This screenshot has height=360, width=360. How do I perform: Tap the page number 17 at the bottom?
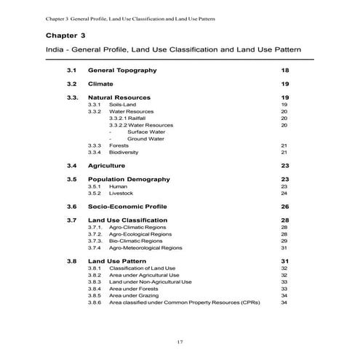click(180, 342)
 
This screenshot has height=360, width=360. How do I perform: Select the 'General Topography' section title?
click(121, 70)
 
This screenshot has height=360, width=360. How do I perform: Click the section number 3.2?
click(71, 84)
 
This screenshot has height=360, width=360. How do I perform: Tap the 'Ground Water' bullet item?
click(145, 138)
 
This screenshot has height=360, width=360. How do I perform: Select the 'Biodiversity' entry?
click(124, 152)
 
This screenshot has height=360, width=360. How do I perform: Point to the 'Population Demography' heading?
click(129, 179)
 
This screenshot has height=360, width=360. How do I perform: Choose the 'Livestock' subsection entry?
click(121, 193)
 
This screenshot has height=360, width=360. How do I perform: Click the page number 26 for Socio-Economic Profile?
click(285, 207)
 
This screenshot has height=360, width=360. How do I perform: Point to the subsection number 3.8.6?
click(94, 302)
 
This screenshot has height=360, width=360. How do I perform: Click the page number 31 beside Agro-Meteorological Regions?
click(284, 247)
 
